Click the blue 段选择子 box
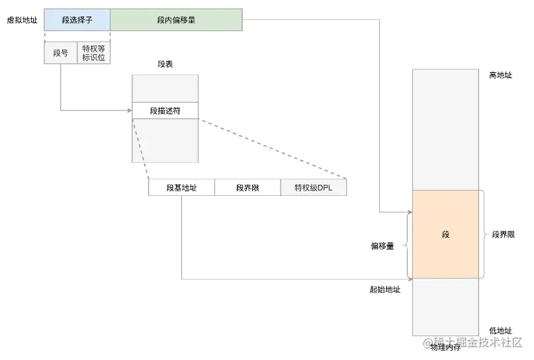pos(77,20)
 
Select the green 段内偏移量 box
pos(176,20)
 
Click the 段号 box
pos(60,53)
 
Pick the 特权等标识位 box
pos(93,53)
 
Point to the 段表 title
pos(165,64)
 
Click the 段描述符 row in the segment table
pos(165,111)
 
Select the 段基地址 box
pos(181,188)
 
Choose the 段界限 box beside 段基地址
pos(247,188)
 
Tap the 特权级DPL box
pos(314,188)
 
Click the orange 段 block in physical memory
pos(445,234)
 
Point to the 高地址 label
pos(500,75)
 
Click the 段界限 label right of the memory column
pos(504,234)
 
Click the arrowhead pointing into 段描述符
pos(129,111)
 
